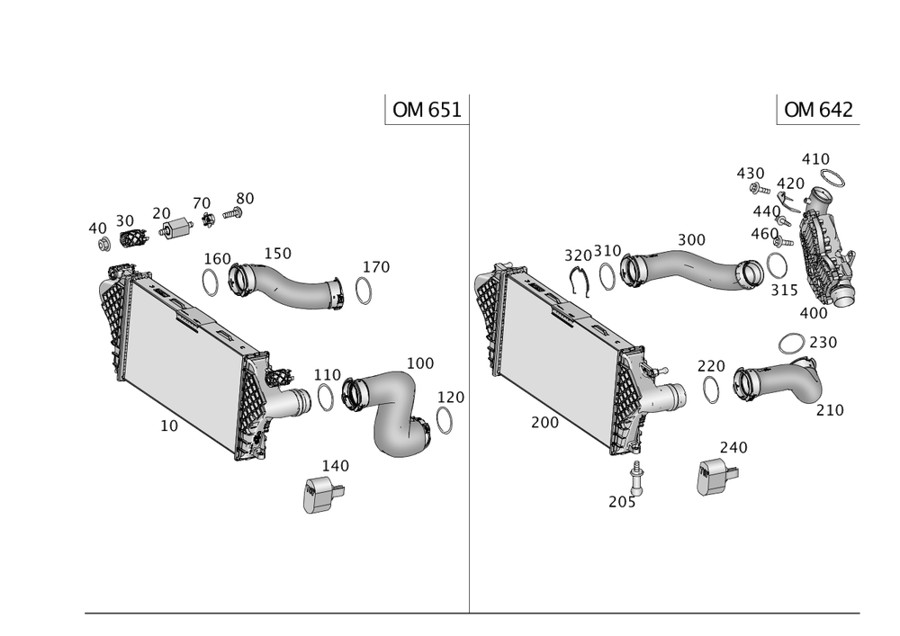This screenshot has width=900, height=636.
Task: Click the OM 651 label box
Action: click(426, 110)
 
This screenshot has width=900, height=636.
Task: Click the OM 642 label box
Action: click(818, 110)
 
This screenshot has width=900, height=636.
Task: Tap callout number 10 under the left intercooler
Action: click(168, 426)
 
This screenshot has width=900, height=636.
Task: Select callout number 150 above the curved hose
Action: click(277, 254)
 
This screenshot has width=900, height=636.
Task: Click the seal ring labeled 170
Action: click(364, 291)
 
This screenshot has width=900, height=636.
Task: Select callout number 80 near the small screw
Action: click(245, 197)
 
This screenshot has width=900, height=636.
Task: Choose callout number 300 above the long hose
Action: click(690, 240)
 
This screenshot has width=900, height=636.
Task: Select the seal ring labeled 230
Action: click(791, 343)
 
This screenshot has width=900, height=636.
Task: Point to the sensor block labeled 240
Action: click(714, 477)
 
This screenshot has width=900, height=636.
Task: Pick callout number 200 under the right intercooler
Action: click(544, 422)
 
